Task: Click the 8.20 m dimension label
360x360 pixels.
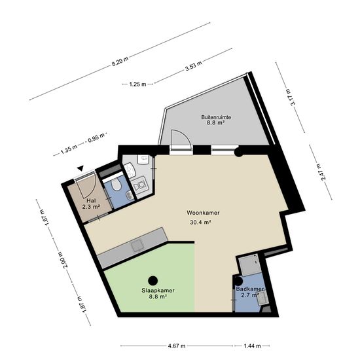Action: click(120, 62)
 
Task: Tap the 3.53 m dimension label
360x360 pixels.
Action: click(194, 66)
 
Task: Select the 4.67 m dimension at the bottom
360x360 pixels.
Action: click(177, 346)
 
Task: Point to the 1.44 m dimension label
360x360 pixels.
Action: click(252, 346)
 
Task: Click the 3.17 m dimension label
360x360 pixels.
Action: click(290, 98)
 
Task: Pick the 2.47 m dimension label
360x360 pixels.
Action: click(321, 172)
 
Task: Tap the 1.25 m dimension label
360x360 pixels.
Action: click(137, 84)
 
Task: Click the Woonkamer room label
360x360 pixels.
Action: click(203, 213)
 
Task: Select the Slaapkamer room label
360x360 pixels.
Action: click(158, 291)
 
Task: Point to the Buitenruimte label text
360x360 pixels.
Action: click(216, 117)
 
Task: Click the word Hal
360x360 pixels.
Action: click(91, 201)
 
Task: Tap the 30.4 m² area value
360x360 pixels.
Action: click(200, 223)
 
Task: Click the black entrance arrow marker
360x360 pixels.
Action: click(80, 168)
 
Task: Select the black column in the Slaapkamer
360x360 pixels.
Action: click(153, 280)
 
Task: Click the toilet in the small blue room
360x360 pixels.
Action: click(116, 185)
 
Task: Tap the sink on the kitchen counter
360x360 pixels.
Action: click(137, 245)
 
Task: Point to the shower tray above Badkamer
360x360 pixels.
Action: click(249, 264)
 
